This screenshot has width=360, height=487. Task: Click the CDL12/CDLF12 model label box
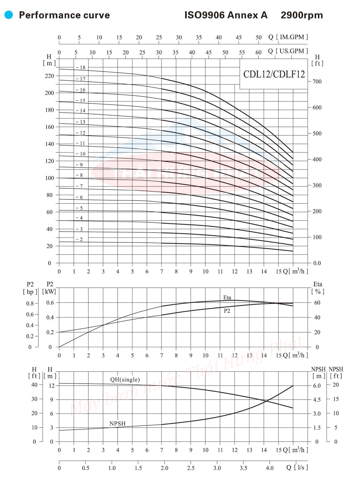click(274, 74)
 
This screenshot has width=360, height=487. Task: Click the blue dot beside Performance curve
click(9, 15)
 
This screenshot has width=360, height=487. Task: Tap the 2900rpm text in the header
click(301, 15)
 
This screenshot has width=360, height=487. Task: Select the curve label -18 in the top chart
click(81, 68)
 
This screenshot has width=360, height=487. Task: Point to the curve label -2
click(79, 239)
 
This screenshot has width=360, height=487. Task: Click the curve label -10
click(81, 154)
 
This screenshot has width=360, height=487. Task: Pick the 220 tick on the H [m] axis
click(49, 76)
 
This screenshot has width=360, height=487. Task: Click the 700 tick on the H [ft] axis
click(317, 82)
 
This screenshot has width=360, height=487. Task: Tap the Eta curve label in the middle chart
click(227, 297)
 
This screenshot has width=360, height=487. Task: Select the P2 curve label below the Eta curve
click(227, 311)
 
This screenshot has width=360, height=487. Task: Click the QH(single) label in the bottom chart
click(125, 380)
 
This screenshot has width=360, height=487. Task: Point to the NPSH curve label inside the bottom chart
click(117, 423)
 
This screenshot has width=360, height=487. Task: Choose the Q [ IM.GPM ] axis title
click(288, 37)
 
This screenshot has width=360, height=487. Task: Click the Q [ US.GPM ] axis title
click(288, 51)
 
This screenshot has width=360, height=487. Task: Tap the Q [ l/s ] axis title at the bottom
click(297, 467)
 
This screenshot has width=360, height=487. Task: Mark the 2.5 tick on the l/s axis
click(191, 468)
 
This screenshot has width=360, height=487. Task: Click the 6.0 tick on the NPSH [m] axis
click(317, 386)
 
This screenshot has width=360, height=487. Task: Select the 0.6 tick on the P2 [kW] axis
click(50, 303)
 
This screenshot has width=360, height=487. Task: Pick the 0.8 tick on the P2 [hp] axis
click(30, 304)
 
